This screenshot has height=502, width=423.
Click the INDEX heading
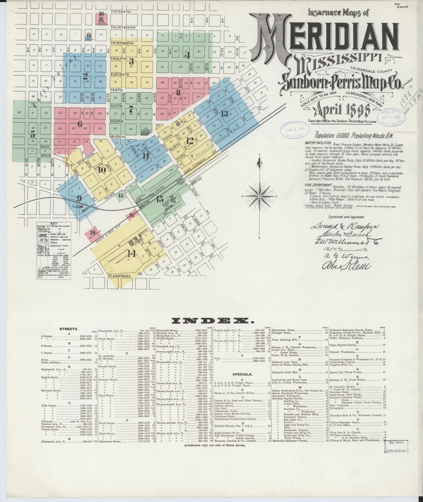coord(211,321)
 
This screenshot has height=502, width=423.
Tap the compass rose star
coord(259,196)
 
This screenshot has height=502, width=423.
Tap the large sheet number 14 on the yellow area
coord(131,253)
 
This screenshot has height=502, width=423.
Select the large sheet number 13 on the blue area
coord(224,114)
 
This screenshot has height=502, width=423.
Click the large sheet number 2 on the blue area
coord(85,76)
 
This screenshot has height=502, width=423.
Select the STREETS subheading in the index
coord(69,329)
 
